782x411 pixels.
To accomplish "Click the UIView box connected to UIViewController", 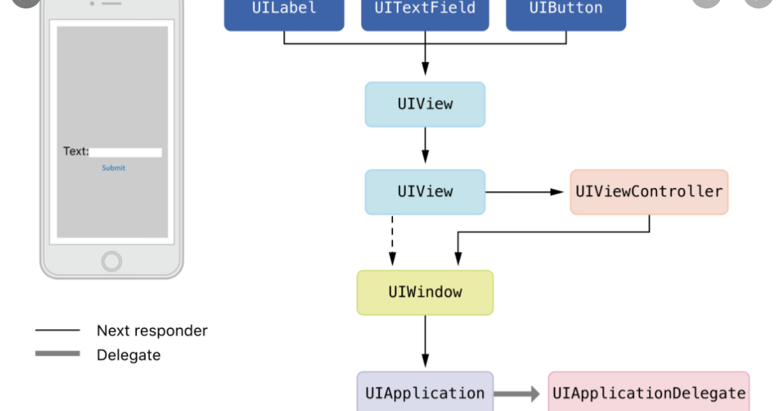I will click(425, 192).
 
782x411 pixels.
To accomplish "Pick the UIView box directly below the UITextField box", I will click(425, 104).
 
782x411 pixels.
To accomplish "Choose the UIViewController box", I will click(648, 192).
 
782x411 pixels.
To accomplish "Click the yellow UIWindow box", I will click(425, 292).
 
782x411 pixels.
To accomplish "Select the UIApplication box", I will click(425, 393).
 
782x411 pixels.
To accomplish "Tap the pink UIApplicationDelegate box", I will click(648, 393).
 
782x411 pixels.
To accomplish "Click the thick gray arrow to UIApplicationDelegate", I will click(517, 393).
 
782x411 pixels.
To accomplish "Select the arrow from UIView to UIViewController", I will click(525, 192).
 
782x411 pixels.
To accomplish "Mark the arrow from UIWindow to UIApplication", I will click(425, 342).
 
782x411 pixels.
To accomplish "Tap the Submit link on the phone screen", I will click(113, 168).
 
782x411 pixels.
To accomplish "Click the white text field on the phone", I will click(125, 153).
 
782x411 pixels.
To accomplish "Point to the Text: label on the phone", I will click(76, 151).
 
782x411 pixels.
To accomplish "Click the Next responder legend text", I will click(152, 331).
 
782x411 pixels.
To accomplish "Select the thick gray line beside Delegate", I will click(57, 354).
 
